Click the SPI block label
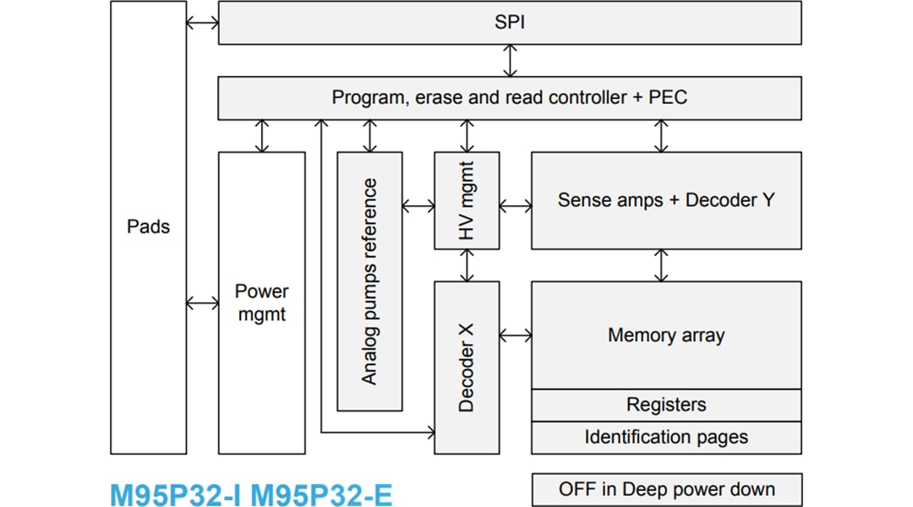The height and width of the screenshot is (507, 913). (x=509, y=23)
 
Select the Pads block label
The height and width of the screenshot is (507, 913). (x=148, y=226)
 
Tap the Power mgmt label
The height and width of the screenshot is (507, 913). (x=261, y=303)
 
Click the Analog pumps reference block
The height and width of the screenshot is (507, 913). (x=369, y=281)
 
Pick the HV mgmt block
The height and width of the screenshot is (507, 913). (x=467, y=200)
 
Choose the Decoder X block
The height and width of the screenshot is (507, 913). (x=467, y=367)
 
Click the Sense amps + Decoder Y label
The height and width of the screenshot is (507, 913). (x=665, y=200)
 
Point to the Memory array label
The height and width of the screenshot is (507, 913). (x=665, y=335)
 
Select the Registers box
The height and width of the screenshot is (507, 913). (x=665, y=405)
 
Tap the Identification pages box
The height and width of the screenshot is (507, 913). (x=665, y=437)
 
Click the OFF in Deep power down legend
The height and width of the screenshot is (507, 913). (x=666, y=489)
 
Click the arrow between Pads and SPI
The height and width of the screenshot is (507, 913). (x=202, y=23)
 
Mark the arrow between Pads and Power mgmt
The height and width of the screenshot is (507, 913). (x=202, y=303)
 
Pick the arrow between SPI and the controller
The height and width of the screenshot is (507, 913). (x=510, y=61)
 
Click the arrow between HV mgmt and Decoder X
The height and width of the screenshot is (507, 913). (x=467, y=265)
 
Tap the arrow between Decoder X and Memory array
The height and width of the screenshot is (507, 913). (x=515, y=335)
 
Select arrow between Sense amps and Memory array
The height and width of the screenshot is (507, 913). (x=661, y=265)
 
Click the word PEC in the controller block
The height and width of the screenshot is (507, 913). (x=667, y=97)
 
